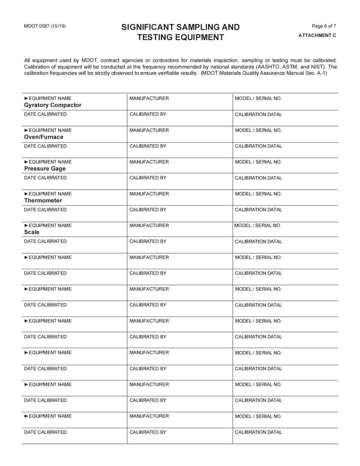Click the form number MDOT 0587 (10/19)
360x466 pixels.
point(45,26)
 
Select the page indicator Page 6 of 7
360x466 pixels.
point(324,26)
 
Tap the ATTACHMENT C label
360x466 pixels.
point(317,35)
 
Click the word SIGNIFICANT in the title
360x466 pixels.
point(149,27)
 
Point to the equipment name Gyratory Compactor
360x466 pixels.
point(53,105)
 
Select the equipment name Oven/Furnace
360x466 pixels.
point(44,137)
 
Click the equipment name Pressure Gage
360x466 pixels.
point(45,168)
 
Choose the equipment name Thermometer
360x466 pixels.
point(43,200)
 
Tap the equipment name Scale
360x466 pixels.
point(31,232)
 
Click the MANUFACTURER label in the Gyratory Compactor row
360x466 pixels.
point(149,98)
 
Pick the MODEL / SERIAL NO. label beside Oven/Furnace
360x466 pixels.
point(258,130)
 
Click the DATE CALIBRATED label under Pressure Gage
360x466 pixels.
point(45,178)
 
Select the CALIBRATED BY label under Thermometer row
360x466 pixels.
point(148,210)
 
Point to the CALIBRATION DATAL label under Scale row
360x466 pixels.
point(258,241)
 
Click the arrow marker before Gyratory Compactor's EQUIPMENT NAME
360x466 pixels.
point(26,98)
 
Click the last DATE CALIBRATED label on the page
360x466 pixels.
point(45,432)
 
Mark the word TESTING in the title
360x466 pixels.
point(155,37)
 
